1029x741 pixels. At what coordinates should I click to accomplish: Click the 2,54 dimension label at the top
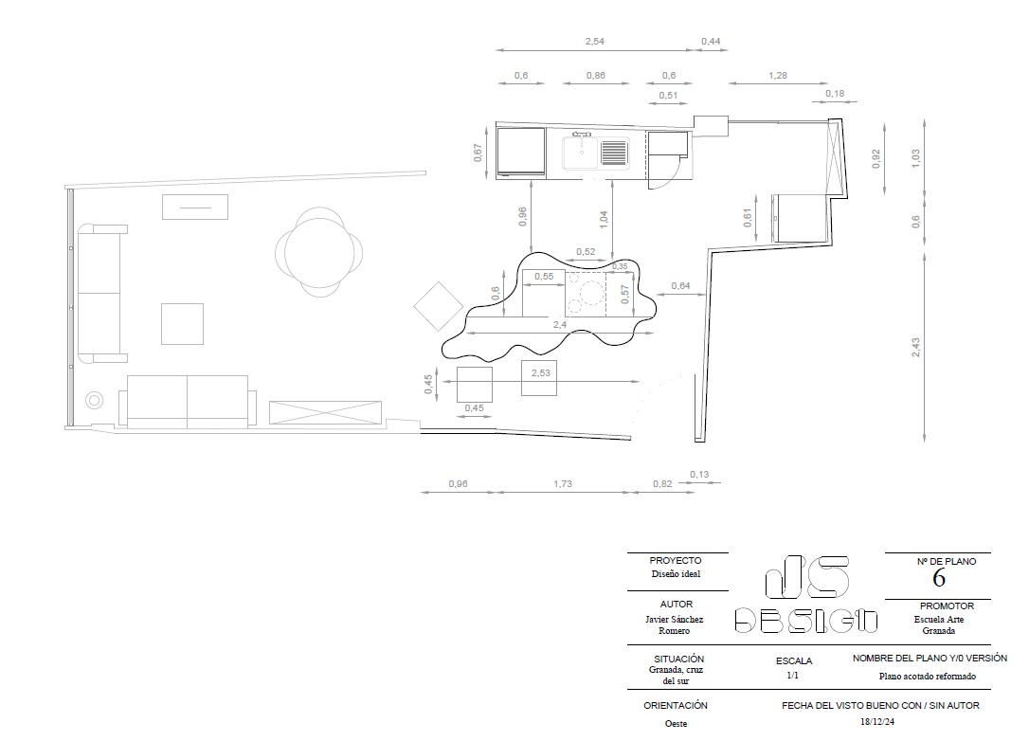coord(594,42)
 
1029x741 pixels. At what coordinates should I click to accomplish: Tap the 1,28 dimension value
coord(778,76)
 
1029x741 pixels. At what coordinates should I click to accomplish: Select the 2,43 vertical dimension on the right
coord(915,347)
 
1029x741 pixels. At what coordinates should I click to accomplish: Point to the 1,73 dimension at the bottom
coord(563,483)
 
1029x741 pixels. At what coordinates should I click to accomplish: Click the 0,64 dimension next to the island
coord(680,285)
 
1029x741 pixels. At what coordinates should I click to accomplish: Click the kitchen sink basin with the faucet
coord(582,153)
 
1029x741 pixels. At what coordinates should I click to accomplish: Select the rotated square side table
coord(439,306)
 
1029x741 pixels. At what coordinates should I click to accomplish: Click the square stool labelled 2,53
coord(539,378)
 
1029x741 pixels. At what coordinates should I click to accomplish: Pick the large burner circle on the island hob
coord(592,292)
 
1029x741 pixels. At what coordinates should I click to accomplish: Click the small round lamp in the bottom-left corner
coord(95,401)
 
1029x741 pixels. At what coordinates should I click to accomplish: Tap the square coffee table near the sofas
coord(183,323)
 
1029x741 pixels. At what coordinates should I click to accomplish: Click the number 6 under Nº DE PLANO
coord(938,578)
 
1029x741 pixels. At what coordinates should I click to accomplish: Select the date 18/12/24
coord(876,721)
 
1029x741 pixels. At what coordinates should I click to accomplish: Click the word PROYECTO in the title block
coord(676,561)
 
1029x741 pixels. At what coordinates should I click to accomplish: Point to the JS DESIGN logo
coord(806,595)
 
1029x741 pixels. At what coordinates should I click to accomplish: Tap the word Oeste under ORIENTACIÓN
coord(676,723)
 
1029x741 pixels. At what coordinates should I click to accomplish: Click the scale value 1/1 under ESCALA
coord(793,676)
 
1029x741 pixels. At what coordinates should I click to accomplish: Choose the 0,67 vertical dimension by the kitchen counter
coord(478,153)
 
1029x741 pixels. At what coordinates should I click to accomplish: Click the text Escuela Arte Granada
coord(938,624)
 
